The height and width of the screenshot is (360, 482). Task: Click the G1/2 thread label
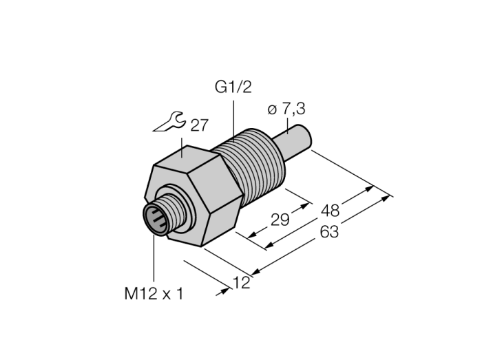(x=233, y=87)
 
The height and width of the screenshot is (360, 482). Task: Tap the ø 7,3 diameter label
(x=286, y=109)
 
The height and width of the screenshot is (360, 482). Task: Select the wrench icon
(x=169, y=122)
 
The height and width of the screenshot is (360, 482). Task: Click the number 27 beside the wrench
(x=200, y=125)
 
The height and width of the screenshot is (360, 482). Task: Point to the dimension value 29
(x=280, y=220)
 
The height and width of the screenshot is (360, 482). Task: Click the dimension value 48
(x=330, y=211)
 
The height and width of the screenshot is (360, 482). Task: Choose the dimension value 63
(x=329, y=231)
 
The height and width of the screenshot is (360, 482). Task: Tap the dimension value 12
(x=242, y=283)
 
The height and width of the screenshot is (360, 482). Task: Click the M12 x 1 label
(x=154, y=294)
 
